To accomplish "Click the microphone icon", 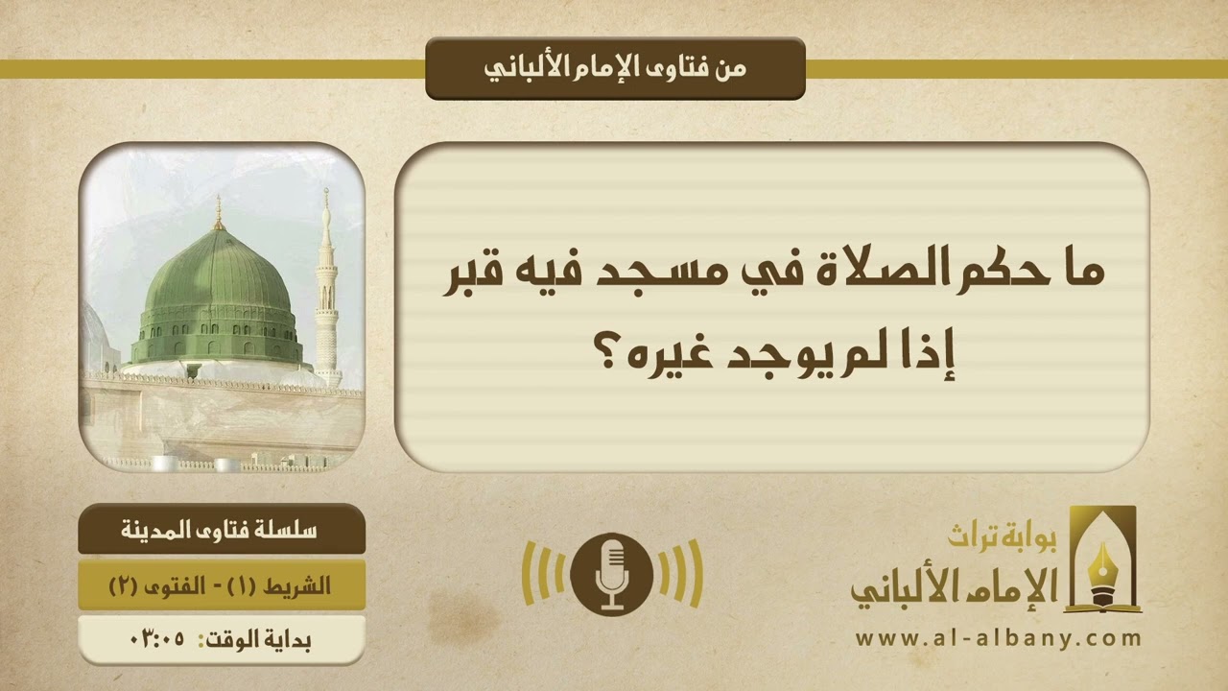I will (612, 574).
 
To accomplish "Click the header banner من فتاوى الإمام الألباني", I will (614, 68).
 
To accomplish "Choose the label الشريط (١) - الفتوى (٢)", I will (222, 585).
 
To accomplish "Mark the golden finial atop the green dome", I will (219, 213).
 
